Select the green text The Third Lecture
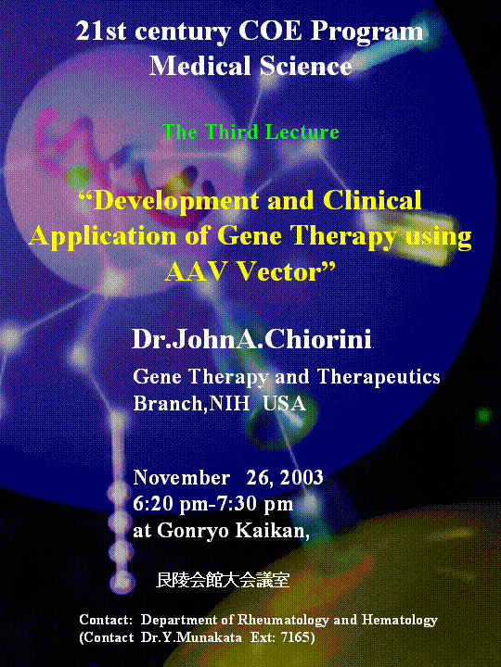pyautogui.click(x=250, y=132)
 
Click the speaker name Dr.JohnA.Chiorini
pyautogui.click(x=251, y=339)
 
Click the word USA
pyautogui.click(x=284, y=403)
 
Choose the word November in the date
pyautogui.click(x=182, y=478)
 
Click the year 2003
pyautogui.click(x=302, y=478)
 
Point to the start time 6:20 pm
pyautogui.click(x=170, y=505)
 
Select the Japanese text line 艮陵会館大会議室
pyautogui.click(x=223, y=580)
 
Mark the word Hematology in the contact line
pyautogui.click(x=400, y=620)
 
